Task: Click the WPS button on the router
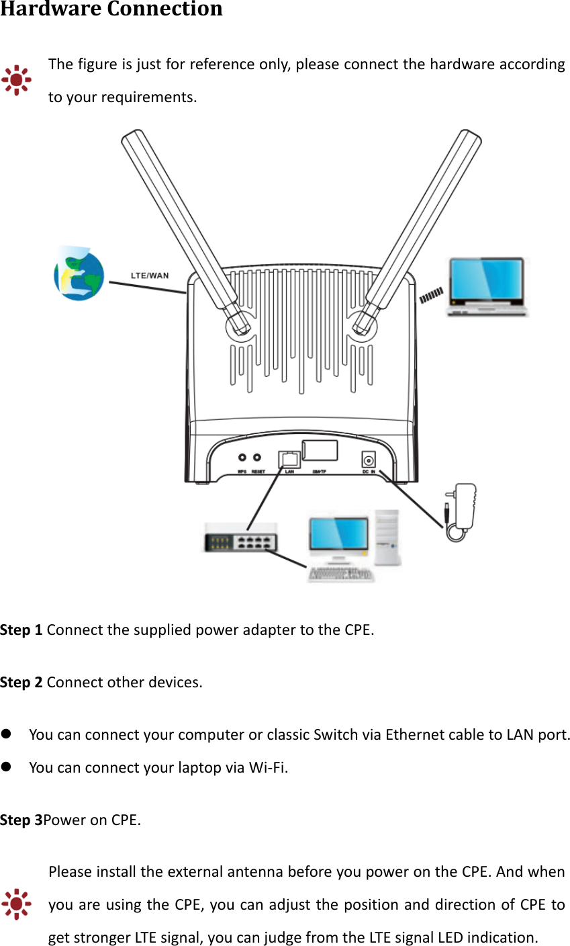tap(242, 458)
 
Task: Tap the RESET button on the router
tap(256, 458)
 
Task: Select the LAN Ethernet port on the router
tap(290, 460)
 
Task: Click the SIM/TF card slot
tap(320, 449)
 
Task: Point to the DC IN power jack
tap(369, 460)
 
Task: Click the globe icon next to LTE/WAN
tap(79, 273)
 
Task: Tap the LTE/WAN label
tap(150, 275)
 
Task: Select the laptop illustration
tap(487, 286)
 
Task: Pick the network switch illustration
tap(241, 537)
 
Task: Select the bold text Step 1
tap(21, 630)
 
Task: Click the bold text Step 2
tap(21, 683)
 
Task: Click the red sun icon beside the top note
tap(16, 81)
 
